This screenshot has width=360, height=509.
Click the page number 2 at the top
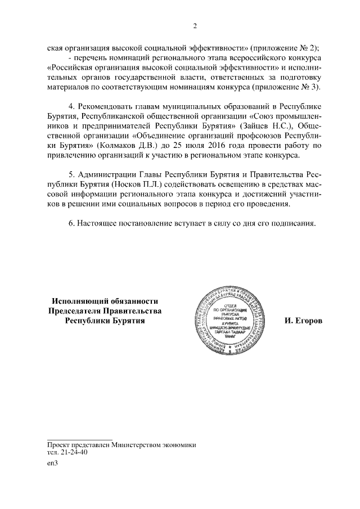(194, 26)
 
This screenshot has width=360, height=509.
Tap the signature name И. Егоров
(304, 321)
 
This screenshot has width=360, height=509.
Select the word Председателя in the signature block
(77, 311)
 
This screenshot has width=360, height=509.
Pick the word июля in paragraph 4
(179, 145)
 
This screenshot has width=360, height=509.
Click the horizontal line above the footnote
(79, 438)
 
